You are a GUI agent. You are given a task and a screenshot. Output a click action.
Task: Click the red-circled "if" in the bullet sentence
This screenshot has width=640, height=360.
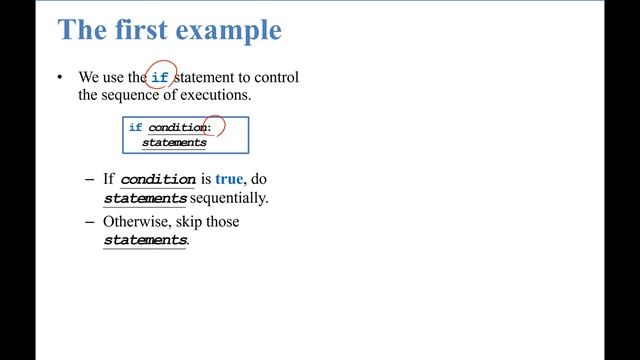160,78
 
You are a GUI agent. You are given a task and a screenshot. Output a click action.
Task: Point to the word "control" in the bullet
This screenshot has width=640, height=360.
276,78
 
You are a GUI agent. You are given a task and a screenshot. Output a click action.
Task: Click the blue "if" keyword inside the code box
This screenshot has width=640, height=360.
135,128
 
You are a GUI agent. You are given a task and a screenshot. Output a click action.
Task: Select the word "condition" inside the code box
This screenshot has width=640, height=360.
177,128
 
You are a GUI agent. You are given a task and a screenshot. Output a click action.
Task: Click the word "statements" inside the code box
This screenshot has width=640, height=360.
174,143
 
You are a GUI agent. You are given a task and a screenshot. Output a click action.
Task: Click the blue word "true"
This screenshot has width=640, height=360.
229,180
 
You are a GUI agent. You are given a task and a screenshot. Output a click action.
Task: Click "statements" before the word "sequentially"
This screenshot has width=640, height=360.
145,198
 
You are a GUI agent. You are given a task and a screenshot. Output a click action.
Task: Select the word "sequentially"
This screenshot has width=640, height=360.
229,198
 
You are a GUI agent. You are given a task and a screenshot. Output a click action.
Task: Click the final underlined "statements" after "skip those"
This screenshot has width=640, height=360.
145,241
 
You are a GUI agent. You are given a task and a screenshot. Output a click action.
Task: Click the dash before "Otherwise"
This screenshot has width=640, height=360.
89,222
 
